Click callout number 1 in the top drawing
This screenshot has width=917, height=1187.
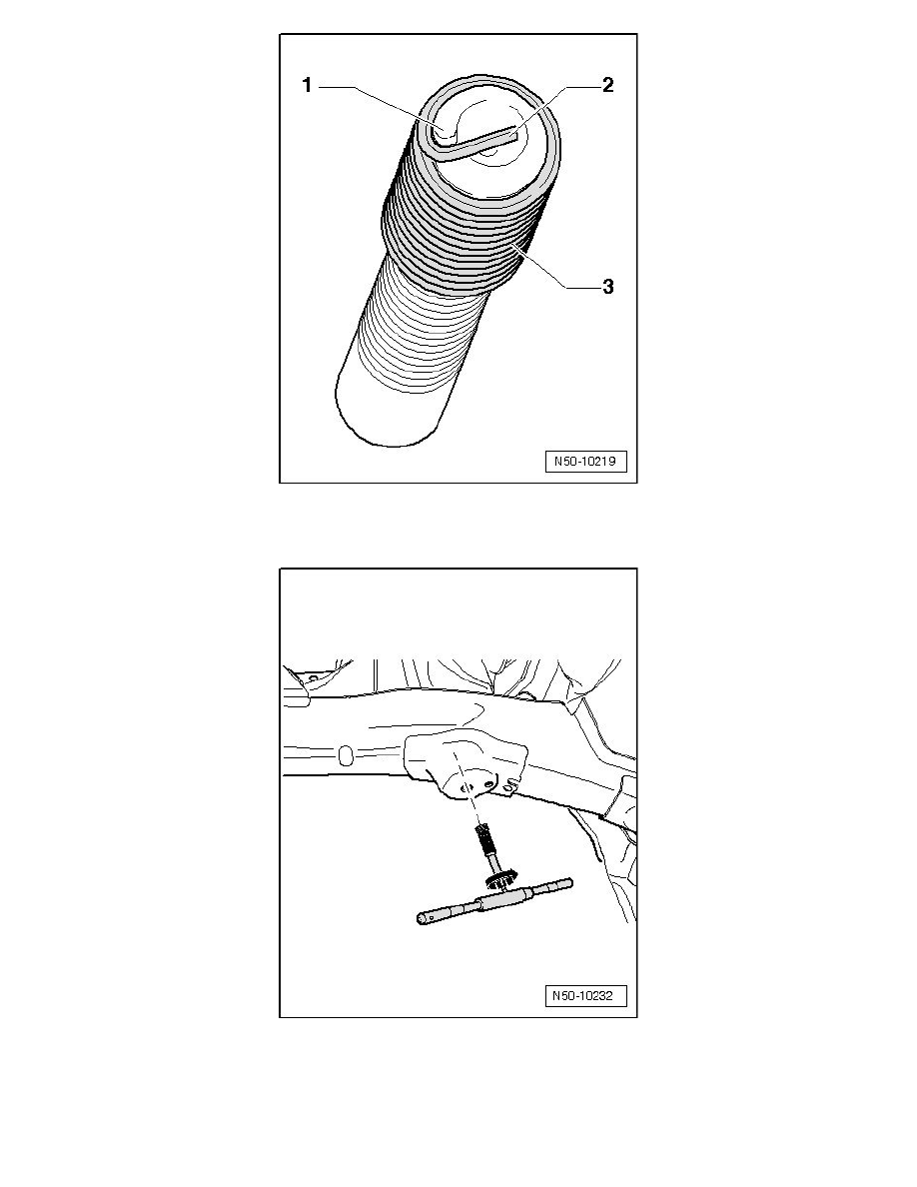pyautogui.click(x=307, y=86)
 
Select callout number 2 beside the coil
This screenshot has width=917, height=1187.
pyautogui.click(x=607, y=85)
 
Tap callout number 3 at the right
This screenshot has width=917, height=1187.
pyautogui.click(x=607, y=287)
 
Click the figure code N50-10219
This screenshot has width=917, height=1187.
pyautogui.click(x=585, y=461)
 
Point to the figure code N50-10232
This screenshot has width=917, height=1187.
pyautogui.click(x=585, y=996)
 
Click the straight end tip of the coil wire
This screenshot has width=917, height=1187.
pyautogui.click(x=514, y=135)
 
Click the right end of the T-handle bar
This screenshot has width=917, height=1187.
pyautogui.click(x=568, y=882)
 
